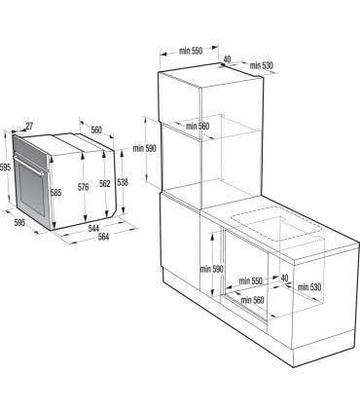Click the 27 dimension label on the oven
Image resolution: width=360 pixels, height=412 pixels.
[28, 126]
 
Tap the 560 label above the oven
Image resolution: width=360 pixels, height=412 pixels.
[96, 131]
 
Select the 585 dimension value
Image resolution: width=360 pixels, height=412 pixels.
[56, 193]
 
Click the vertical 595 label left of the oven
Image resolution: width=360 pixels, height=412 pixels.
[6, 168]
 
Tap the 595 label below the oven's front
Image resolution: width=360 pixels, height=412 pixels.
[19, 221]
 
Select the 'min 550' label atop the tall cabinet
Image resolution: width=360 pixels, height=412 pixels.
[191, 49]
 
